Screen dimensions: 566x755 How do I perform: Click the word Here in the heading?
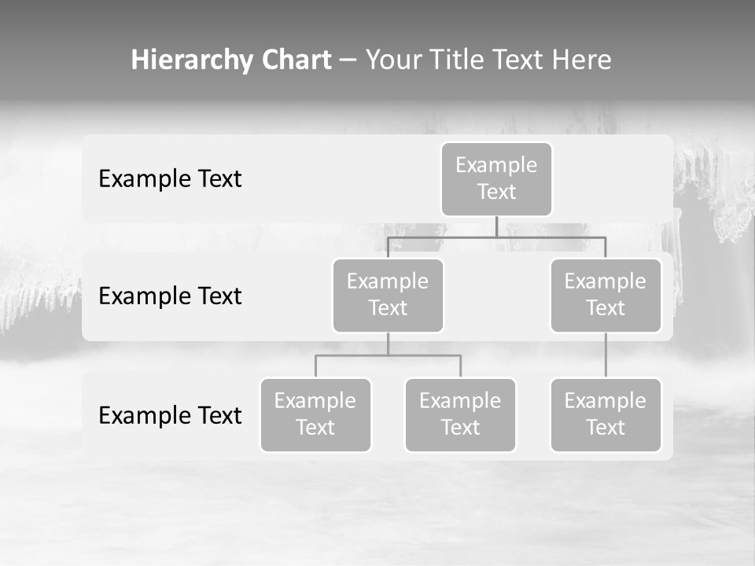[x=580, y=60]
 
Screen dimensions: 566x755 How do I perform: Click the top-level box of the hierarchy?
[x=496, y=178]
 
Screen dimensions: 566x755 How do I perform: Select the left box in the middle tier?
[x=388, y=295]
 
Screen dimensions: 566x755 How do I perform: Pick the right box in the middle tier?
[x=606, y=295]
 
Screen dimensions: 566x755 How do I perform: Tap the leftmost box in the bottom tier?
[x=315, y=414]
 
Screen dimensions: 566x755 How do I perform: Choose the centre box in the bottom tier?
[x=460, y=414]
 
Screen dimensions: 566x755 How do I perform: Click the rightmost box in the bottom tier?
[x=606, y=414]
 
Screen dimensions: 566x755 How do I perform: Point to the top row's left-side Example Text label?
[x=170, y=179]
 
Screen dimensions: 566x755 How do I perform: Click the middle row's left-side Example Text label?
[x=170, y=296]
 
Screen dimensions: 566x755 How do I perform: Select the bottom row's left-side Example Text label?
[x=170, y=415]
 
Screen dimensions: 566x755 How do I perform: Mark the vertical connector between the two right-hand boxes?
[x=606, y=355]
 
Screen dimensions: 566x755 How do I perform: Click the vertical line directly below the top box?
[x=496, y=226]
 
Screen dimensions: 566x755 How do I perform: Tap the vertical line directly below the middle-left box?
[x=388, y=344]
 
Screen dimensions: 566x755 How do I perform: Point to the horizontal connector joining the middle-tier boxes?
[x=551, y=237]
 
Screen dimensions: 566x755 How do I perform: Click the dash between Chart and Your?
[x=348, y=61]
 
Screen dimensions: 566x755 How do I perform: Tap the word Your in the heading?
[x=393, y=60]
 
